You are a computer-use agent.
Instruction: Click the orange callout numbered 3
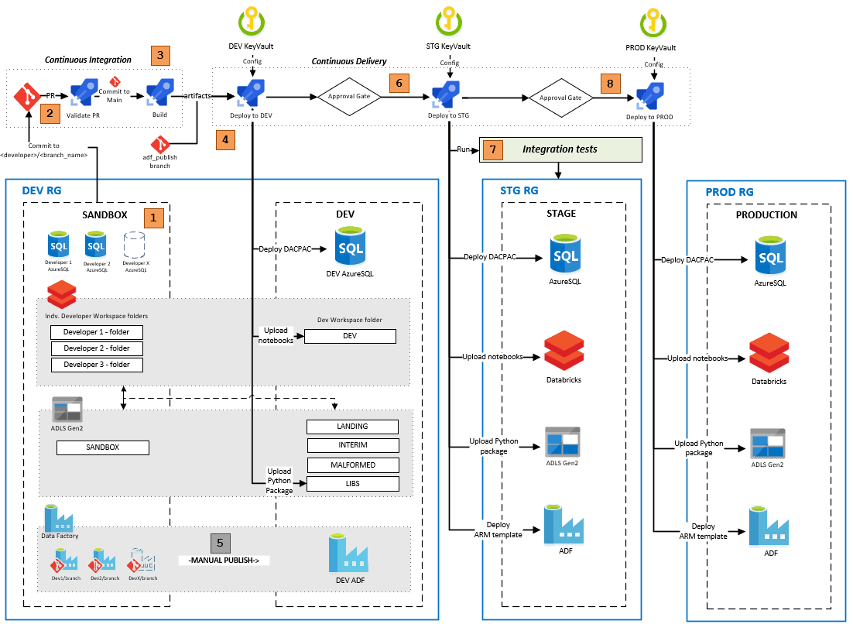pos(159,55)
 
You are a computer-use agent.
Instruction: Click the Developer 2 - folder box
pos(97,348)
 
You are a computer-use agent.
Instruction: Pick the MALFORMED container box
pos(352,465)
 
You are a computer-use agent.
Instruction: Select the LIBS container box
pos(352,484)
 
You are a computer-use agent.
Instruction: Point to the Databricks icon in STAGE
pos(563,351)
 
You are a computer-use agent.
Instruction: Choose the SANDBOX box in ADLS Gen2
pos(102,447)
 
